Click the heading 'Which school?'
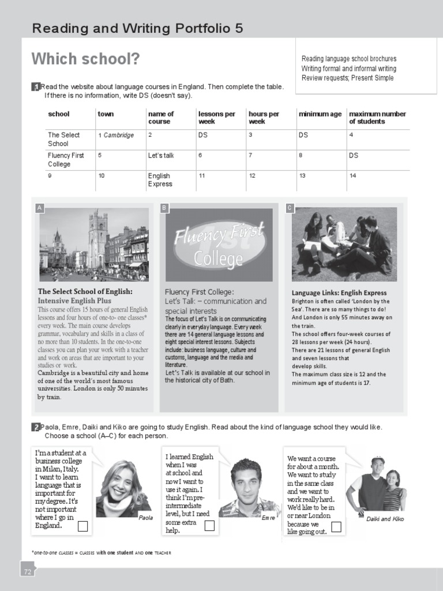click(85, 59)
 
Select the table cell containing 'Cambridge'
click(118, 135)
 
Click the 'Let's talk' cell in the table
click(161, 155)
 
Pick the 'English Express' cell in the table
click(160, 179)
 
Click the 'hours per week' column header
click(264, 118)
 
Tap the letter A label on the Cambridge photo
click(39, 207)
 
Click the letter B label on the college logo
click(164, 207)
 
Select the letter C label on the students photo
click(290, 207)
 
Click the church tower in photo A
click(97, 237)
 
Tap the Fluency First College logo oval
click(219, 245)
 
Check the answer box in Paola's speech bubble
click(82, 526)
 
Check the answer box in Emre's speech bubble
click(209, 525)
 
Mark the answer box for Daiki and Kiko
click(336, 526)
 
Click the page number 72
click(27, 571)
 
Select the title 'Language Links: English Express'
click(339, 293)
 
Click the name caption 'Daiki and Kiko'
click(385, 519)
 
